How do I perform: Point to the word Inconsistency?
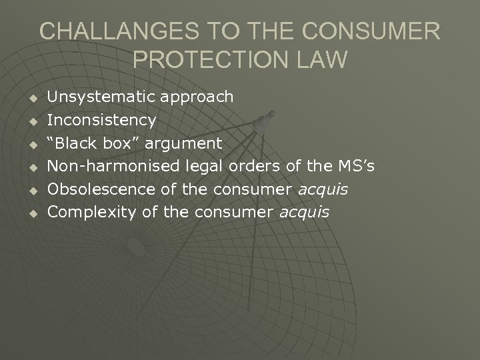(x=102, y=121)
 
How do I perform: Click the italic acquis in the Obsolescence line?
(x=323, y=190)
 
